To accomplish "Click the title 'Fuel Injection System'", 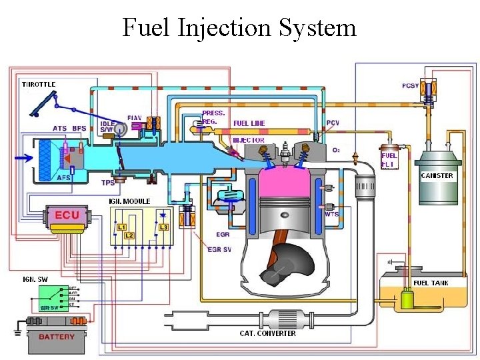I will (x=239, y=28).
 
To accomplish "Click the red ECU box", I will (x=66, y=215).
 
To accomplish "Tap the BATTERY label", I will (x=57, y=337).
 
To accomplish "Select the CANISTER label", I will (x=437, y=176).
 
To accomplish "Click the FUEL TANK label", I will (x=431, y=283).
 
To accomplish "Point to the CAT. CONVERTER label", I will (x=268, y=333).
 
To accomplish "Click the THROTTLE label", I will (x=39, y=84).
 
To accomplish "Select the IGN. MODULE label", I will (x=129, y=201).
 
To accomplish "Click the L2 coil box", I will (x=129, y=236).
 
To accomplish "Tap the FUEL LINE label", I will (x=249, y=123).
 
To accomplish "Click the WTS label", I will (x=331, y=214).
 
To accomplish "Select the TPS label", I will (x=107, y=183).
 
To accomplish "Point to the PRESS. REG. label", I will (x=213, y=117).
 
